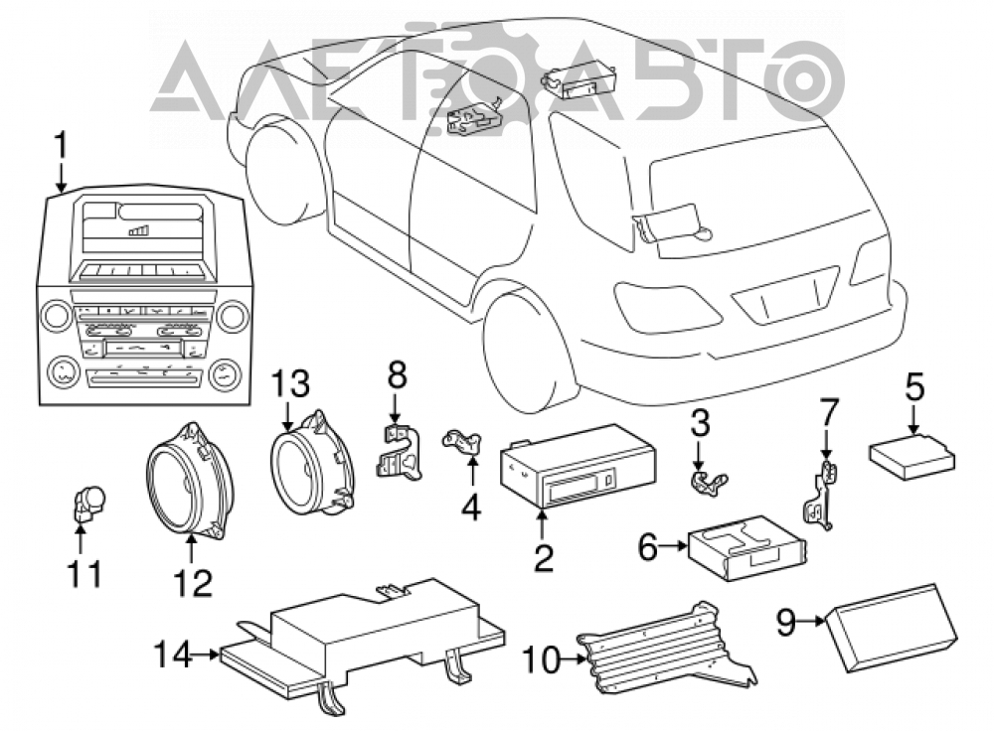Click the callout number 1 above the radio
(61, 146)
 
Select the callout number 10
(542, 660)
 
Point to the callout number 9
(786, 622)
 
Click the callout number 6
(647, 547)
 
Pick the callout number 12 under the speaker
(194, 583)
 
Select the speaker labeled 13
(312, 465)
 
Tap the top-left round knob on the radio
(57, 316)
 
